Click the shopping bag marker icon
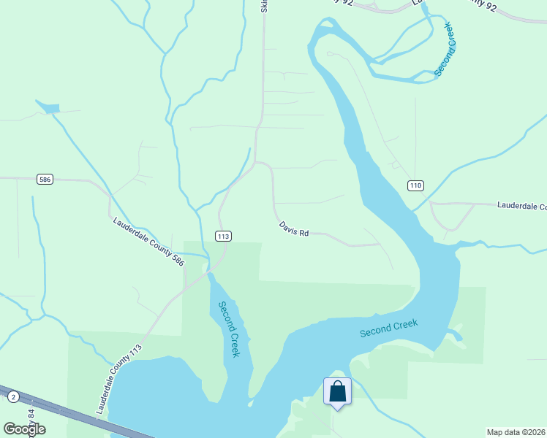[x=337, y=391]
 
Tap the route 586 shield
[x=45, y=179]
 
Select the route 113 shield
[x=223, y=236]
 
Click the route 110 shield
[x=416, y=185]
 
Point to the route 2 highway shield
[x=13, y=396]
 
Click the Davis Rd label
[x=294, y=228]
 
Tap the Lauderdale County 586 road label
[x=148, y=239]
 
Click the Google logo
[x=24, y=429]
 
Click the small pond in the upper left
[x=48, y=109]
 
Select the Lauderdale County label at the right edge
[x=521, y=207]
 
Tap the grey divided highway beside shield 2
[x=66, y=412]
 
